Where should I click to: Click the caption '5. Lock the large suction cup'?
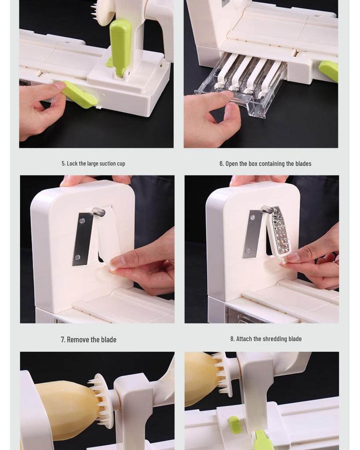coord(93,163)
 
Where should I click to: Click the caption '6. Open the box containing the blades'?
coord(265,163)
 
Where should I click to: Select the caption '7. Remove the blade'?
coord(88,339)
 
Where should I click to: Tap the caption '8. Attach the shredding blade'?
coord(265,339)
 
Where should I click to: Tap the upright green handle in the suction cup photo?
coord(120,44)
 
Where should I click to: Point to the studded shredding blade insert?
coord(280,231)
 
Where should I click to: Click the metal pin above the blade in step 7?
coord(98,213)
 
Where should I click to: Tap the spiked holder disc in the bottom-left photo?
coord(102,400)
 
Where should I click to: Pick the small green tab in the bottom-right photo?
coord(235,425)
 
